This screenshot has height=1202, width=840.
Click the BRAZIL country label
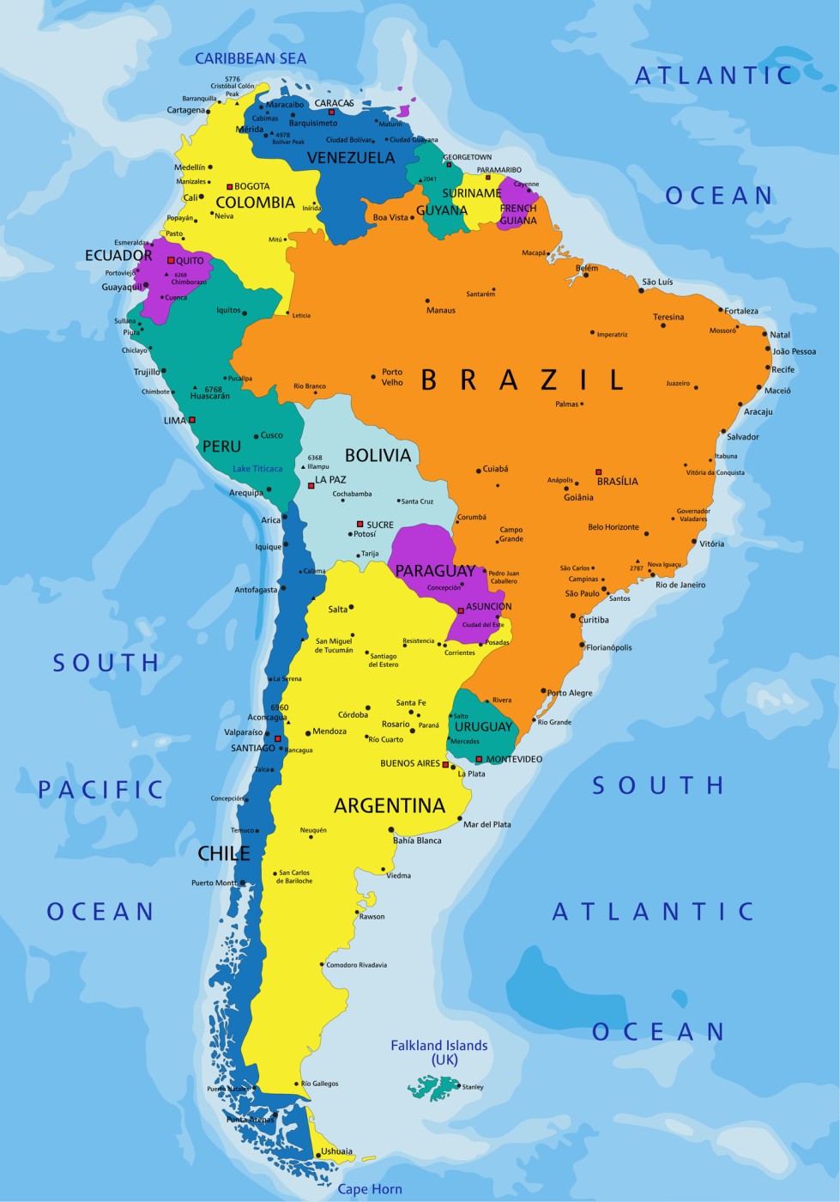522,379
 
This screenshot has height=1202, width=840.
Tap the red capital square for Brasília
599,471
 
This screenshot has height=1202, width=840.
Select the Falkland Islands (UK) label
438,1052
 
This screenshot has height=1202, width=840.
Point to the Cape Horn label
369,1189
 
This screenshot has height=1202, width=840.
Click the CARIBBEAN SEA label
251,58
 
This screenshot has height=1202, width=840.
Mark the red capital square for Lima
192,420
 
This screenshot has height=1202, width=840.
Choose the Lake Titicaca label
257,469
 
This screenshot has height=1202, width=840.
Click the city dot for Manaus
427,301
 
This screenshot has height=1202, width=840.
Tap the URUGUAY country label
483,727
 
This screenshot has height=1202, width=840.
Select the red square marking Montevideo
479,759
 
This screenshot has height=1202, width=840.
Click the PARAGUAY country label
435,571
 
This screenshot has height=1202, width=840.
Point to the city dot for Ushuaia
318,1156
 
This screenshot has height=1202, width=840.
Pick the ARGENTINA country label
390,805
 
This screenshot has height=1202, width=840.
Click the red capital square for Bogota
229,186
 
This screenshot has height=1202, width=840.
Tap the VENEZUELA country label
351,158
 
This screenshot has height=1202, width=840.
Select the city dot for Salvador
723,431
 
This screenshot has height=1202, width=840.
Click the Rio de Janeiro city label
680,585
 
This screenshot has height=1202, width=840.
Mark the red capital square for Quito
171,260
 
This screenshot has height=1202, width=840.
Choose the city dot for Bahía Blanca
391,829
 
